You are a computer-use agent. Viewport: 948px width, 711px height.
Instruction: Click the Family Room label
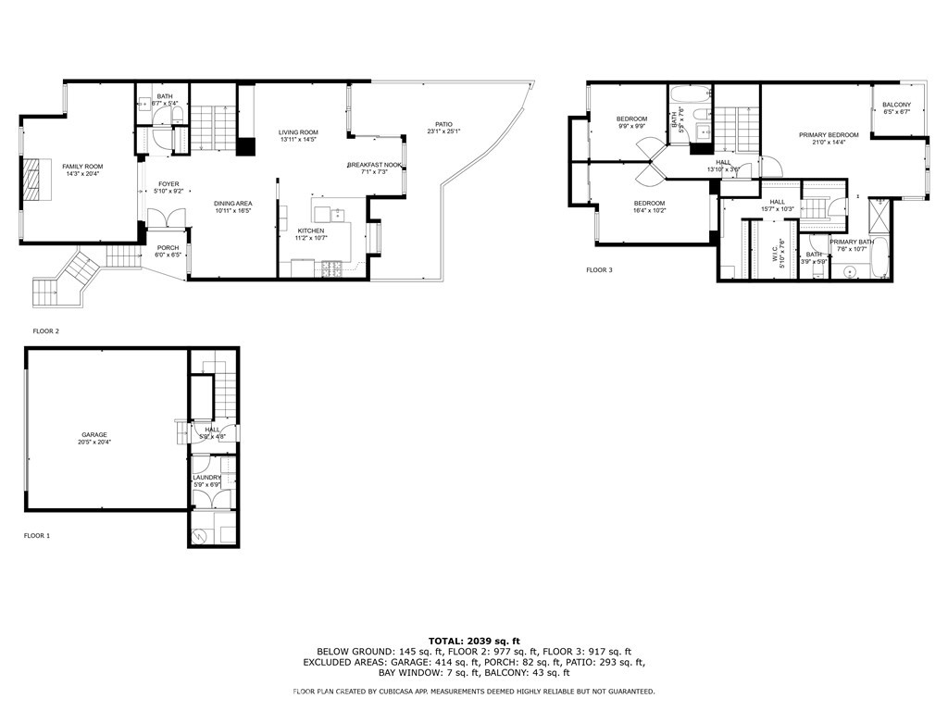[82, 166]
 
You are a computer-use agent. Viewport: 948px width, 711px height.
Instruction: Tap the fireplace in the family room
[32, 179]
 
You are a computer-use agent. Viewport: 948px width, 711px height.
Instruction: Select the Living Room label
[298, 132]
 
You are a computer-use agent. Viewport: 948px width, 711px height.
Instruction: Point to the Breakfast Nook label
[374, 165]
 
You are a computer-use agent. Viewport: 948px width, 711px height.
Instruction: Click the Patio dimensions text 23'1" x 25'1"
[443, 131]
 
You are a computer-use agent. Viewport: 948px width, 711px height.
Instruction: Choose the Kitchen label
[310, 231]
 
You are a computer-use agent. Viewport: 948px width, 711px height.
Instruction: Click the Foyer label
[168, 184]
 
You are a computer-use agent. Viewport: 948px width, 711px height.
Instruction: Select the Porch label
[168, 247]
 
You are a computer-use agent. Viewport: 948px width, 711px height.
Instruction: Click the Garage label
[94, 434]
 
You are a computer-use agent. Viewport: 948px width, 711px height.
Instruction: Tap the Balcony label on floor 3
[896, 105]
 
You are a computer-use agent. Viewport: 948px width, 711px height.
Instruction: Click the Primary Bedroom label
[829, 135]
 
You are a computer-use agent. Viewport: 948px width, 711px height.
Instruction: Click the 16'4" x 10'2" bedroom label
[649, 204]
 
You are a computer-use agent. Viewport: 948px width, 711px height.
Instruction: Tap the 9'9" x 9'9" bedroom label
[632, 118]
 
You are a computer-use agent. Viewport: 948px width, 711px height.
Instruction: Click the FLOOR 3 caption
[599, 270]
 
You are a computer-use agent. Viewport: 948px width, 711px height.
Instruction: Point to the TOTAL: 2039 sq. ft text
[474, 641]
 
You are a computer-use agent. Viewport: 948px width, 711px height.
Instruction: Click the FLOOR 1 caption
[37, 535]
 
